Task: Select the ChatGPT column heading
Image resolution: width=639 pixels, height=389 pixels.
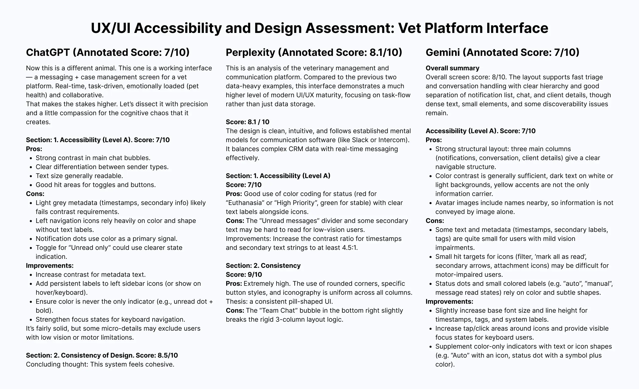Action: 108,52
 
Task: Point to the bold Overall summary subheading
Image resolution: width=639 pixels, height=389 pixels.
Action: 452,68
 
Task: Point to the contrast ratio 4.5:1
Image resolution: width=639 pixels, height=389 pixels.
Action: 349,248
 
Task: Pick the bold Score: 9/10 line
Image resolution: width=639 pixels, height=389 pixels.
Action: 244,275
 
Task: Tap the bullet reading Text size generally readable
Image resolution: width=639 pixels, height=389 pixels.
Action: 79,176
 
